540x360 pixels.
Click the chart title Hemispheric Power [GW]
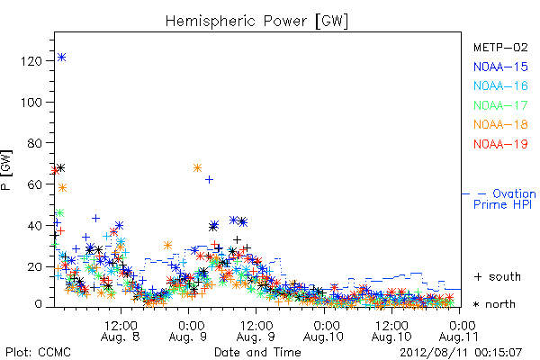[x=256, y=21]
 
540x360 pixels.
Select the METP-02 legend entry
[x=500, y=47]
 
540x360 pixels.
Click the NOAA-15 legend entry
[x=500, y=67]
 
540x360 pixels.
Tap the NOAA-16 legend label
[x=500, y=85]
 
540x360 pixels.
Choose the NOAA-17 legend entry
[x=500, y=105]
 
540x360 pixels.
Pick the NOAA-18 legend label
[x=500, y=124]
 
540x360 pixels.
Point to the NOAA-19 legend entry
[x=500, y=144]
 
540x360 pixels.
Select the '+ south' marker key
[x=498, y=276]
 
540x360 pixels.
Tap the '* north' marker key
[x=494, y=304]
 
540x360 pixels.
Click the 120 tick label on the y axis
[x=31, y=61]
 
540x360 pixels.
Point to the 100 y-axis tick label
[x=31, y=103]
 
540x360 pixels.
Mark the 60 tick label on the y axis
[x=35, y=184]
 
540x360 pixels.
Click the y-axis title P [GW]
[x=6, y=170]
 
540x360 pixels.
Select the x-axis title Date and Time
[x=257, y=352]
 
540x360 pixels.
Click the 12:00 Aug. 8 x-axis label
[x=121, y=330]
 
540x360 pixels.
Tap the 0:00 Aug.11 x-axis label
[x=459, y=330]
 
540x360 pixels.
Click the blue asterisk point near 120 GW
[x=61, y=58]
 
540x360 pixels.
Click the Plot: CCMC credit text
[x=38, y=352]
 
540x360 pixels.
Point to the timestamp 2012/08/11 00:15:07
[x=461, y=353]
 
